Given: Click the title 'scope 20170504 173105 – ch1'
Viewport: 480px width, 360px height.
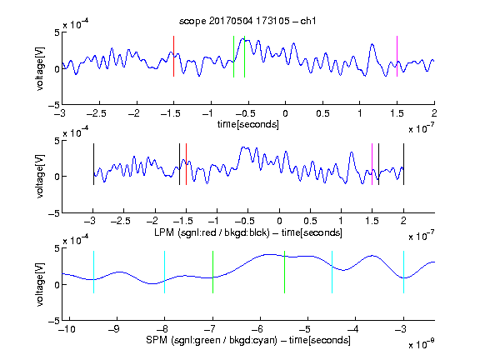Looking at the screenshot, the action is (247, 21).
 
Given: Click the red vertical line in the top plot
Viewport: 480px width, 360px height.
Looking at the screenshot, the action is (173, 56).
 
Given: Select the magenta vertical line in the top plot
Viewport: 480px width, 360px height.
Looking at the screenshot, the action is (397, 56).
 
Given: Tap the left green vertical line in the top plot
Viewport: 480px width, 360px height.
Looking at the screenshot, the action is (233, 57).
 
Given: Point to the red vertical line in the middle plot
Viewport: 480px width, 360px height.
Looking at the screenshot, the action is (186, 164).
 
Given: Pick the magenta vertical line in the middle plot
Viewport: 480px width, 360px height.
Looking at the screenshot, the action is (372, 164).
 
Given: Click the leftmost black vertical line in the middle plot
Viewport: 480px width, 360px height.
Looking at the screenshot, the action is (93, 164).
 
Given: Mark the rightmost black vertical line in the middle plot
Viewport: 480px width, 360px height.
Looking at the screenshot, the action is (403, 164).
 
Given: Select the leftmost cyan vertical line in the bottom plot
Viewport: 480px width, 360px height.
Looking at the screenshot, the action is (93, 272).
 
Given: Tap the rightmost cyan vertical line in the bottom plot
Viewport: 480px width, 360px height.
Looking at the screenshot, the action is (403, 272).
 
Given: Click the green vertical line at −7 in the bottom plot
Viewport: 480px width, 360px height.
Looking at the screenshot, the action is (212, 272).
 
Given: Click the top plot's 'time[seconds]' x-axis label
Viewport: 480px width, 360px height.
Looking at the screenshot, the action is (248, 124).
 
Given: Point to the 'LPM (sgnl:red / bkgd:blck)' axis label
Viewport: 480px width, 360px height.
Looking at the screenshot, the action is (212, 232).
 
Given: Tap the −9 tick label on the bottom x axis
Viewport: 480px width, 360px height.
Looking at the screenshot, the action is (114, 329).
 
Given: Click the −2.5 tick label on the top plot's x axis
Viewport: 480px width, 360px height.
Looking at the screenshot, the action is (97, 113).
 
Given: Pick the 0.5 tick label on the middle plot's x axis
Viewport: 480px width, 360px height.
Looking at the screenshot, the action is (310, 221).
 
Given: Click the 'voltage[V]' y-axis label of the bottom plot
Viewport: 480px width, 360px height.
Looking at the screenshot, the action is (40, 284).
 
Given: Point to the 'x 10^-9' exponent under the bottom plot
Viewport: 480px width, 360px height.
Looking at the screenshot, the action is (422, 344).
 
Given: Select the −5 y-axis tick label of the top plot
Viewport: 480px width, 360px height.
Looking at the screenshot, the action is (54, 105).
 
